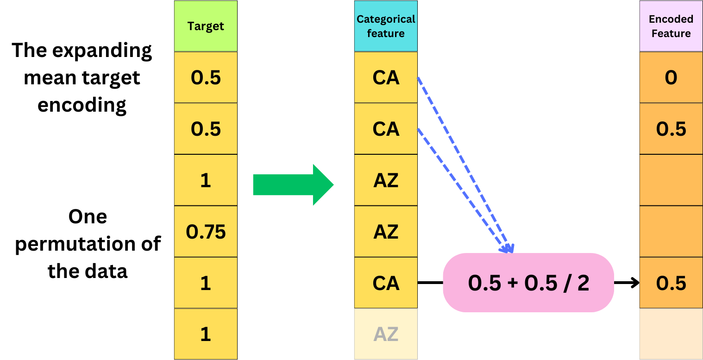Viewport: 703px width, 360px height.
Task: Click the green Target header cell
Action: click(x=206, y=26)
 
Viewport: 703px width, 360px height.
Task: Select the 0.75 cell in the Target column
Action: click(x=206, y=231)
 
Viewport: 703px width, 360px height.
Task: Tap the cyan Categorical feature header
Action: click(x=386, y=26)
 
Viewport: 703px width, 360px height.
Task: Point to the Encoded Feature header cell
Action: click(x=671, y=26)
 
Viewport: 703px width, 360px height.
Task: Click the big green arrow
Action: click(x=293, y=185)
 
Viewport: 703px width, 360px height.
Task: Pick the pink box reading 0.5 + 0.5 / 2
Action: click(x=528, y=283)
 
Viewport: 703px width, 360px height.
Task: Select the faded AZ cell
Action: click(x=386, y=334)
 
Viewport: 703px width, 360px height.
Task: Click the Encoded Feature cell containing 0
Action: click(x=671, y=77)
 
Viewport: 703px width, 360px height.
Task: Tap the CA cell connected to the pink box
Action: click(x=386, y=283)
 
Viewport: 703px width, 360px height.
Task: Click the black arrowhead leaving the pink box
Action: click(x=634, y=283)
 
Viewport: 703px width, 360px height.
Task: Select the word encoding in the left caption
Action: click(x=82, y=105)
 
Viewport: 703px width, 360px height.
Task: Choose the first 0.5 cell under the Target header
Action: click(x=206, y=77)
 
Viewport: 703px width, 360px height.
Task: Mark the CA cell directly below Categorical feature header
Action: click(x=386, y=77)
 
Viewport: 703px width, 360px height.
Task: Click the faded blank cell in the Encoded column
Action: click(x=671, y=334)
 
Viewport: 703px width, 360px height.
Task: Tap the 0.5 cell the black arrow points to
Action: click(x=671, y=283)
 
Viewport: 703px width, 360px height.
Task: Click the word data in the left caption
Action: click(x=108, y=271)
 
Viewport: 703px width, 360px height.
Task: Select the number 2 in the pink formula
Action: click(x=583, y=283)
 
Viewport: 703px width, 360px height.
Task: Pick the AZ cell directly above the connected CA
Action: click(x=386, y=231)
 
